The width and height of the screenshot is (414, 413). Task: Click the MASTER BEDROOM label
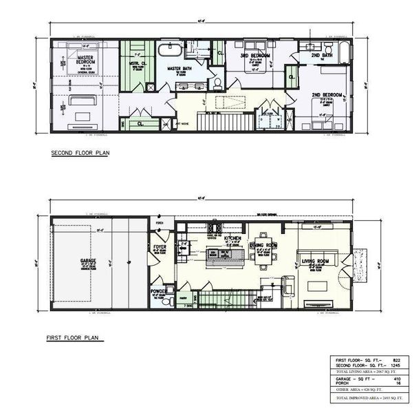[x=85, y=60]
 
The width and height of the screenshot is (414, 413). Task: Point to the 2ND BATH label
[x=321, y=55]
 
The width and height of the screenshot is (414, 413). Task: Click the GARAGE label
[x=87, y=261]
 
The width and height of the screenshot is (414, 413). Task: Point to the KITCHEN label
[x=232, y=237]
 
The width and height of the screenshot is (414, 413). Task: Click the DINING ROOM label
[x=263, y=245]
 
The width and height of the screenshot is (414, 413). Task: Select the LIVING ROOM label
[x=316, y=260]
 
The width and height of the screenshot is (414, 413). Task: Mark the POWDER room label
[x=159, y=291]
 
